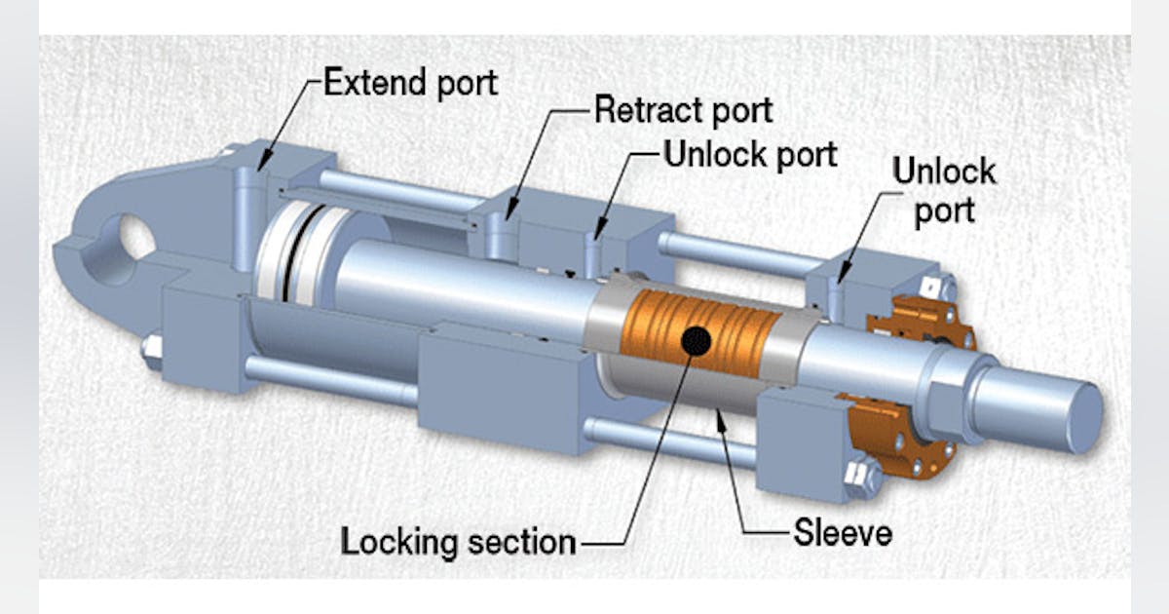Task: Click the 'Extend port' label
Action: point(409,83)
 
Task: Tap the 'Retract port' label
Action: point(683,110)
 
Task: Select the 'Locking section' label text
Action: point(457,541)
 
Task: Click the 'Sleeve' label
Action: point(843,533)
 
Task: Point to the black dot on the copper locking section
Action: point(697,340)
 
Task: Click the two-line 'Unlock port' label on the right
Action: point(943,191)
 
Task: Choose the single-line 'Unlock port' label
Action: point(749,153)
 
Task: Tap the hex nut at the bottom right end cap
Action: point(862,479)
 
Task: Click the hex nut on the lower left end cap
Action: point(151,347)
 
